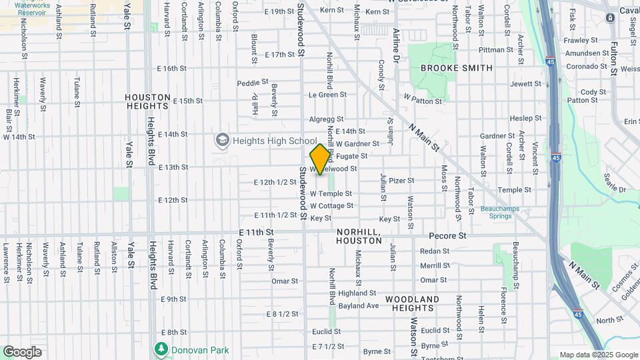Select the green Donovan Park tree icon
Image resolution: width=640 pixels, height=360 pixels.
161,349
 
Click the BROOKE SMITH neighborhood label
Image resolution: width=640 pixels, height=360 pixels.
457,68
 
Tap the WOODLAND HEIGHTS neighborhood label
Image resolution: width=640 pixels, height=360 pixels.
412,303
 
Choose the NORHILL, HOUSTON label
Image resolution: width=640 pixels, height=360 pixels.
359,235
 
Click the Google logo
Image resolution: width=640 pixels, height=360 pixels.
22,351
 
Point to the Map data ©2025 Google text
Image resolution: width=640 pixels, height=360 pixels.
598,355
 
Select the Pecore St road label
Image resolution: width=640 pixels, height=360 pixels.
447,236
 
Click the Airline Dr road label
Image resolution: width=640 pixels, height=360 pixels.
396,45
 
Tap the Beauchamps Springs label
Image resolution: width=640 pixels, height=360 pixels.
495,212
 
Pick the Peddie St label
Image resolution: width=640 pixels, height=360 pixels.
252,83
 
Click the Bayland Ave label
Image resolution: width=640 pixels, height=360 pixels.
358,306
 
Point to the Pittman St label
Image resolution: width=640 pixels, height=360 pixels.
491,49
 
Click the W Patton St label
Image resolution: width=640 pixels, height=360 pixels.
423,99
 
